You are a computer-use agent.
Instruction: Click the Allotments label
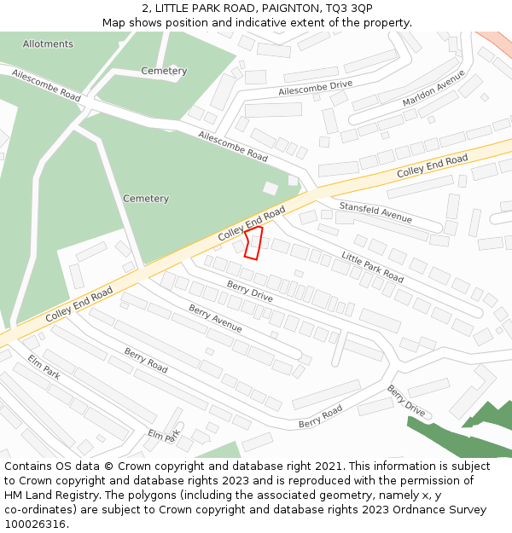click(x=48, y=43)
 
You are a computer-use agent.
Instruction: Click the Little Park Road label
click(x=373, y=267)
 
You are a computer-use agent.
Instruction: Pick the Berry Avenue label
click(x=215, y=318)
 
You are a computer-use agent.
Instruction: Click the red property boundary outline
click(x=253, y=241)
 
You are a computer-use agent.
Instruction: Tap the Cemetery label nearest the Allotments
click(x=164, y=71)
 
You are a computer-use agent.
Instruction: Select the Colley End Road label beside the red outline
click(x=251, y=223)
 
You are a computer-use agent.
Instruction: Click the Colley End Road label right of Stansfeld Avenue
click(x=432, y=166)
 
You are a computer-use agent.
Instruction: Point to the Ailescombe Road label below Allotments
click(x=47, y=86)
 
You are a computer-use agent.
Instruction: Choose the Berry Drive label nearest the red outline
click(x=249, y=291)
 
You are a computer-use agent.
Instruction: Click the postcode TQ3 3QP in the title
click(x=348, y=8)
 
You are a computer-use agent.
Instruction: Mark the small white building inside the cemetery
click(x=270, y=188)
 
